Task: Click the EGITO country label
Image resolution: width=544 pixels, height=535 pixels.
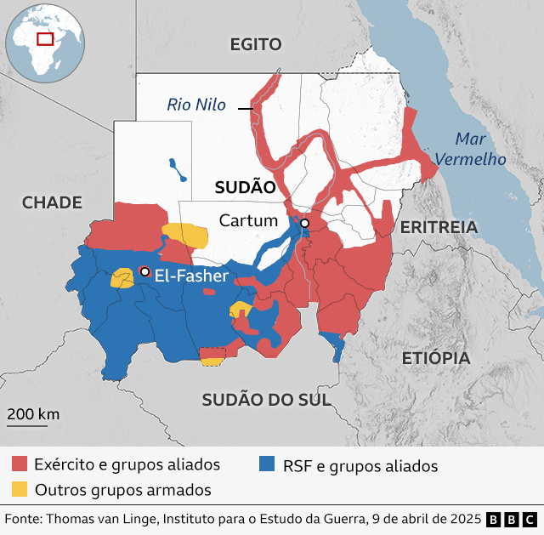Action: point(255,45)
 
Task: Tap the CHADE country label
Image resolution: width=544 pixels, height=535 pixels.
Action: point(52,202)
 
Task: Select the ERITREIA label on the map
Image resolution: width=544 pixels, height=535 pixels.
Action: point(439,227)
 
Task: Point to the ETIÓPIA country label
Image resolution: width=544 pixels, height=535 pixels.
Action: point(436,358)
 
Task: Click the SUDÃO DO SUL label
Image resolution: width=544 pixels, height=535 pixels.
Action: point(265,400)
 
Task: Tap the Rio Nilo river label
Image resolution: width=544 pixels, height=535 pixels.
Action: point(196,105)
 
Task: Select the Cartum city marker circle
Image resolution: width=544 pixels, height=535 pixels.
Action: point(304,223)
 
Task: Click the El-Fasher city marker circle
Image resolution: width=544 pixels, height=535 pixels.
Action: point(144,271)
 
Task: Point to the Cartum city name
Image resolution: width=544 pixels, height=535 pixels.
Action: point(248,221)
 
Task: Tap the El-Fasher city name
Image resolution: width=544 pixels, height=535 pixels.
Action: point(191,276)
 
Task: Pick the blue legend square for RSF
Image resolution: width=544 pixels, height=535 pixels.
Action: point(267,464)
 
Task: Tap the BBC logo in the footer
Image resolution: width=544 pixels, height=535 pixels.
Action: point(513,519)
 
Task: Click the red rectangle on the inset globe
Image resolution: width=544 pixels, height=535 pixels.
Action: point(45,38)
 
